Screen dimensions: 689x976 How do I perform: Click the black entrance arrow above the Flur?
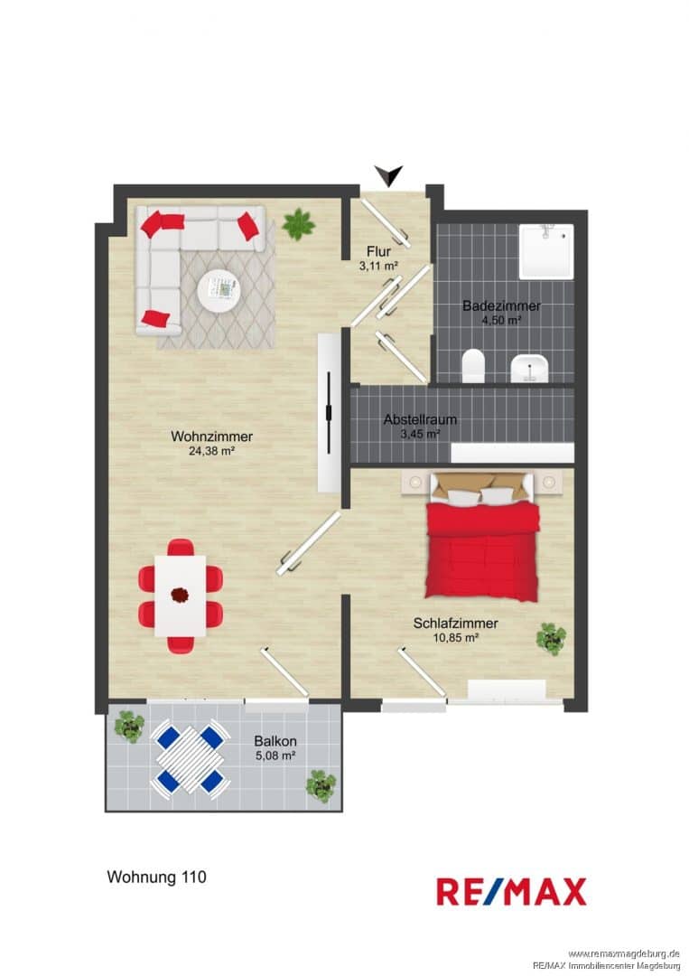pos(389,175)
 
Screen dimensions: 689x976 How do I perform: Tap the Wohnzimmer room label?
pos(211,436)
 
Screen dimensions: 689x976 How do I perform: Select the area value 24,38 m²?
pos(211,451)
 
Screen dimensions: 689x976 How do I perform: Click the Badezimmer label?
pos(501,305)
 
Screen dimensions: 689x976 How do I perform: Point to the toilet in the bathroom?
pos(474,365)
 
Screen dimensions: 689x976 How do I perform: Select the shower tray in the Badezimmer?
pos(546,251)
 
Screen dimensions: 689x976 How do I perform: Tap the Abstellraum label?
pos(420,419)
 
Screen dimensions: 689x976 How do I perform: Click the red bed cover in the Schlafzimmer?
pos(482,551)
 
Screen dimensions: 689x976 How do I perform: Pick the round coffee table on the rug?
pos(219,290)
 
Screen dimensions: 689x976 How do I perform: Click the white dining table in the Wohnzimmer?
pos(181,596)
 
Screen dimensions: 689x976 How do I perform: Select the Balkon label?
pos(275,741)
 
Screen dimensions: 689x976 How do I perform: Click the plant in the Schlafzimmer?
pos(552,639)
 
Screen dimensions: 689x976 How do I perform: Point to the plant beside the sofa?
pos(299,224)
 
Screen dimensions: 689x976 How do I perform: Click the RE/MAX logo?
pos(511,891)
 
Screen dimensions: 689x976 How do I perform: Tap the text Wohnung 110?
pos(157,877)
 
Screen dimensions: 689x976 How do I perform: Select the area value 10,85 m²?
pos(456,637)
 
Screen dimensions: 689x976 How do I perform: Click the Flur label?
pos(378,252)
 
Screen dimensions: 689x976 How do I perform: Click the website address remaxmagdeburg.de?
pos(624,954)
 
